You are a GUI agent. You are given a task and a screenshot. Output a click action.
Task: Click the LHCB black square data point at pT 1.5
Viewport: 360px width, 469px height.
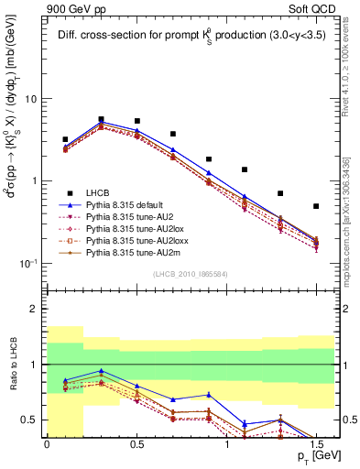click(316, 206)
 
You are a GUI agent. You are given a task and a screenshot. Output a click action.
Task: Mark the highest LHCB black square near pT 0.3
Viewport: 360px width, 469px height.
click(101, 119)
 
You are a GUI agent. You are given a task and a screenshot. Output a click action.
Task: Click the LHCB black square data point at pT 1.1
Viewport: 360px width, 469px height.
click(245, 169)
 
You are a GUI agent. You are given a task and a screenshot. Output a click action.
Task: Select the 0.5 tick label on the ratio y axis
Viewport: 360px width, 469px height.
click(31, 420)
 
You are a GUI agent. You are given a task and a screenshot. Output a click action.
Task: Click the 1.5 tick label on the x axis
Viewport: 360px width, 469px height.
click(316, 444)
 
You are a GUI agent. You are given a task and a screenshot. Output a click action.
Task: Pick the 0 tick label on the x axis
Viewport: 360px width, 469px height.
click(47, 444)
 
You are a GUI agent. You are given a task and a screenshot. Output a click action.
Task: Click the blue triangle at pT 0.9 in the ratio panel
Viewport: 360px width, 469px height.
click(209, 395)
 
